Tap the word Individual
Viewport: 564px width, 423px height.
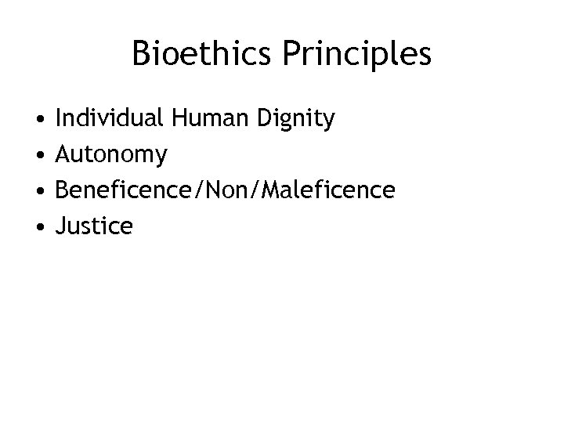coord(109,119)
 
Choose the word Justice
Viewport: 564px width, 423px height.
coord(94,227)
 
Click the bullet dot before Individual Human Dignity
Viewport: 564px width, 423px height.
coord(38,121)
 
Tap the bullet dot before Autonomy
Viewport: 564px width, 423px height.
coord(38,156)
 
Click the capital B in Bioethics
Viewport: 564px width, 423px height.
coord(142,54)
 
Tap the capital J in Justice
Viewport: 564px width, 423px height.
coord(60,227)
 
